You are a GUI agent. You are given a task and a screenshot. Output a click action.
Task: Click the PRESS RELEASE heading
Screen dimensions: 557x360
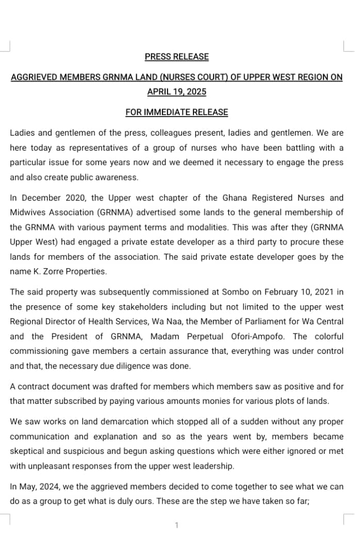click(x=176, y=57)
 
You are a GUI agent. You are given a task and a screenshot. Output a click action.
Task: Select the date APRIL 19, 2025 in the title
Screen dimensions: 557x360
click(x=176, y=92)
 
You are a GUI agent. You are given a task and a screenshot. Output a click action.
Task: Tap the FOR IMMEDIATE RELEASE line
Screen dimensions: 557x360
click(x=176, y=112)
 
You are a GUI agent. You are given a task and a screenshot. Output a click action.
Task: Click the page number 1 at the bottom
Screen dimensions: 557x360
click(x=176, y=526)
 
